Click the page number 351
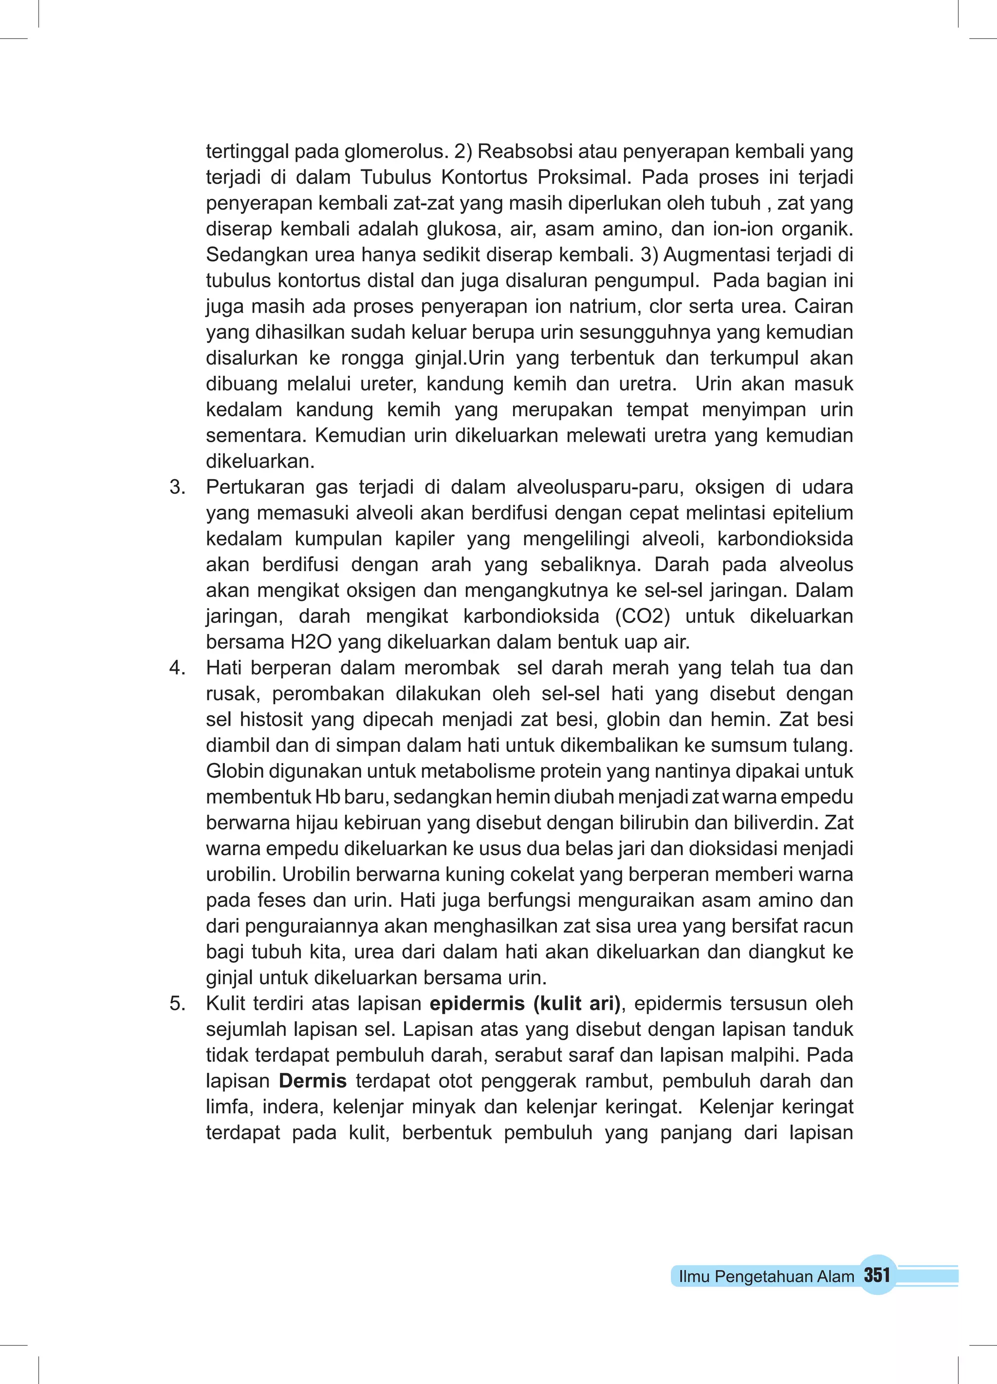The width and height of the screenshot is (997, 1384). click(x=877, y=1275)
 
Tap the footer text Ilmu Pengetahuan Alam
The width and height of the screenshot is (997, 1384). click(x=766, y=1276)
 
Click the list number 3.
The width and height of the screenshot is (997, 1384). click(x=177, y=487)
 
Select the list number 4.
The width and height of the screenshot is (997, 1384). click(x=177, y=668)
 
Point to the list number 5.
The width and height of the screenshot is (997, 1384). click(x=177, y=1003)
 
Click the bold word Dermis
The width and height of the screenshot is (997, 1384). click(x=313, y=1081)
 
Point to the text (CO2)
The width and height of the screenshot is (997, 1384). click(x=642, y=617)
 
